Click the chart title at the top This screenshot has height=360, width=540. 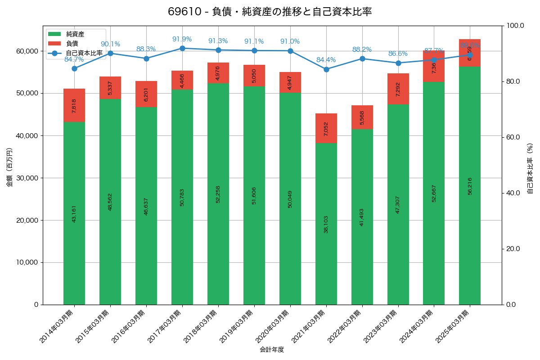pyautogui.click(x=270, y=12)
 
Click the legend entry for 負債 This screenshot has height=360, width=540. pyautogui.click(x=72, y=44)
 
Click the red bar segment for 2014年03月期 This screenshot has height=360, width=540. pyautogui.click(x=74, y=105)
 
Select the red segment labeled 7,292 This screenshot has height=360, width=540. pyautogui.click(x=398, y=89)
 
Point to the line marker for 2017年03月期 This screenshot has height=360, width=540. pyautogui.click(x=182, y=48)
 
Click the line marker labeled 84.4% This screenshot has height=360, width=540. pyautogui.click(x=326, y=69)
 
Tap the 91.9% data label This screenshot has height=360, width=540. pyautogui.click(x=182, y=39)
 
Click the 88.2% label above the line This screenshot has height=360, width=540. pyautogui.click(x=362, y=49)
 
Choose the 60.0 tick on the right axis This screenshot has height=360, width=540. pyautogui.click(x=513, y=137)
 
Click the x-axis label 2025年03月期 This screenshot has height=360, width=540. pyautogui.click(x=453, y=327)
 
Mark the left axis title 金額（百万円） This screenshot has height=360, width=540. pyautogui.click(x=9, y=167)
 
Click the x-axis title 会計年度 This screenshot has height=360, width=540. pyautogui.click(x=272, y=350)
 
